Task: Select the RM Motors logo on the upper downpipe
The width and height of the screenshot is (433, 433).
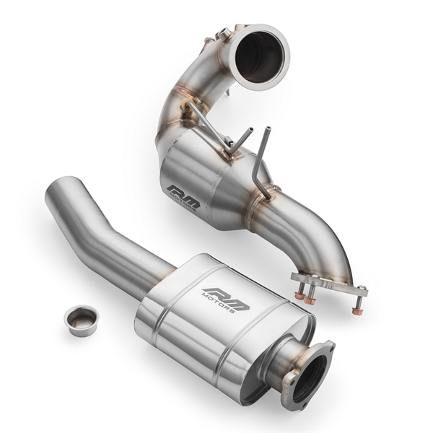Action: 183,196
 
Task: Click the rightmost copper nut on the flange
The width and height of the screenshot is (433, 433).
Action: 357,311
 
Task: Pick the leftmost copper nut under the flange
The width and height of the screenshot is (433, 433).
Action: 299,295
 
